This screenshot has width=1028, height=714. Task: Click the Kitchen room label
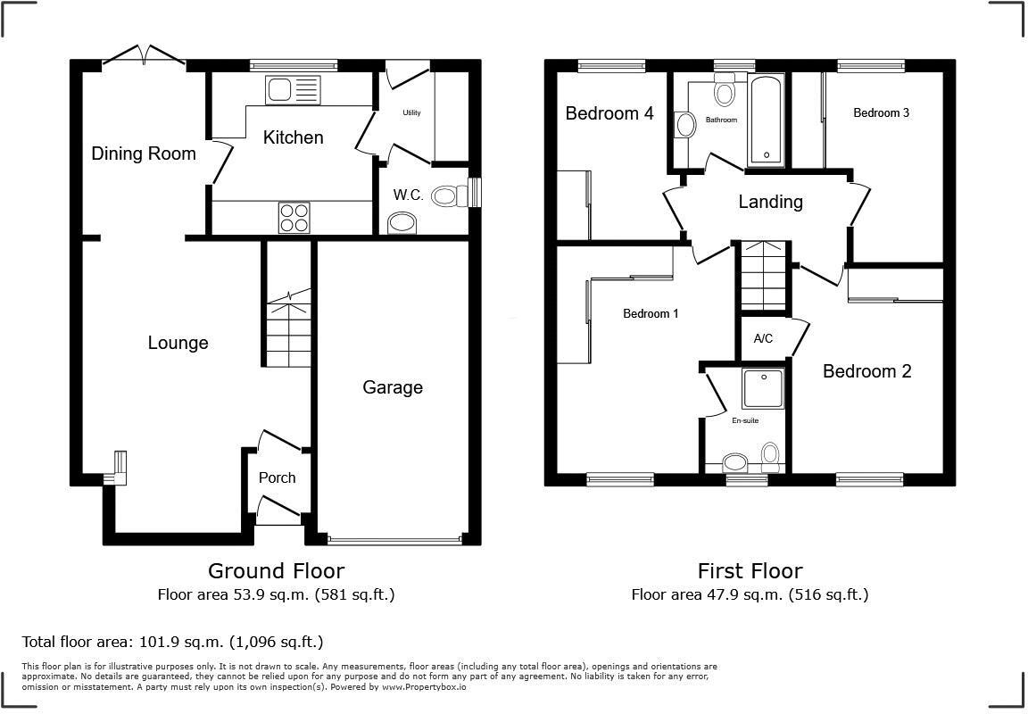(293, 137)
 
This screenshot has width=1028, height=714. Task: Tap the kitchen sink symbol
(292, 90)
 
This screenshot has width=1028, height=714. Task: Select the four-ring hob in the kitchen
(295, 217)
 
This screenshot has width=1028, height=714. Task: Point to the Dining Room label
(144, 154)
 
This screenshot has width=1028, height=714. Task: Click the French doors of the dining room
(144, 56)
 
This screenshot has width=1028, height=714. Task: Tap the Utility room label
(411, 113)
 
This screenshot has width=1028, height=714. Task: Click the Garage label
(393, 387)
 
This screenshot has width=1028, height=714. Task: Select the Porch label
(277, 478)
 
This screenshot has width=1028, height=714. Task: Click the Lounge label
(178, 343)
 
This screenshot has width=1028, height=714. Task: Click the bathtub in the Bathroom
(767, 121)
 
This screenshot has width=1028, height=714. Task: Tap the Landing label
(770, 202)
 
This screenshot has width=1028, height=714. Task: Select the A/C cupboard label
(763, 339)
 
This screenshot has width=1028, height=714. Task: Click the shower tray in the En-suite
(763, 388)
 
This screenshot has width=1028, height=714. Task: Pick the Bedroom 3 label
(881, 113)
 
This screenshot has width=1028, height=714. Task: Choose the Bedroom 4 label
(609, 113)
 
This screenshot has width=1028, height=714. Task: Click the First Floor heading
(750, 570)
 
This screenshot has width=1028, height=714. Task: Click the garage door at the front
(394, 540)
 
